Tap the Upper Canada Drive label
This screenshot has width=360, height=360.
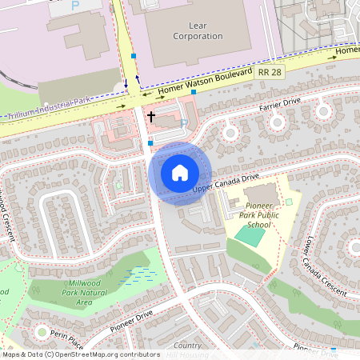coord(226,182)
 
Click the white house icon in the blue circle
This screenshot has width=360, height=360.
coord(180,172)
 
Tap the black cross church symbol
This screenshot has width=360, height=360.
coord(150,117)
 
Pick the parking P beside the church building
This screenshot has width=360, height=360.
coord(183,123)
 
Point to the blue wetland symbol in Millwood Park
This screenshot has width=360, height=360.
coord(142,275)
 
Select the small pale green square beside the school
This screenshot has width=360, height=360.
coord(289,202)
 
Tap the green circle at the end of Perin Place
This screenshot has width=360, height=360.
coord(41,331)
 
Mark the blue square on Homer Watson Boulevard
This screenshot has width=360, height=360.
coord(194,92)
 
